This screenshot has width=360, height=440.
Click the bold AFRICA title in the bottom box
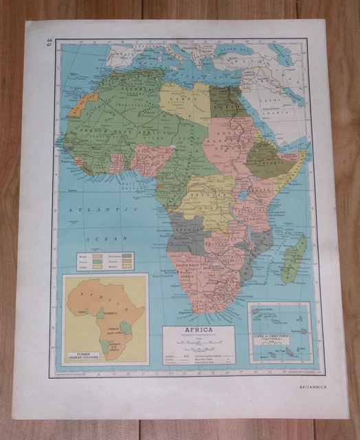199,330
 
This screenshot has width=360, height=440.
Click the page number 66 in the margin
49,41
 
